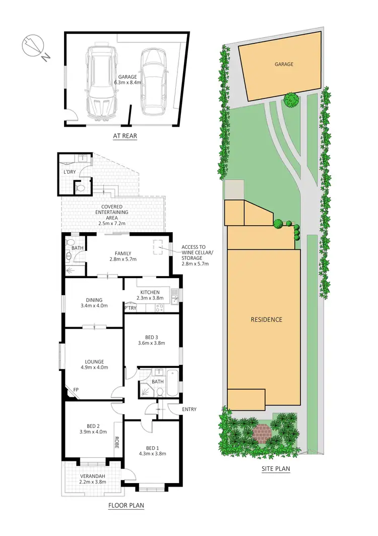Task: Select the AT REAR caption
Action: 124,136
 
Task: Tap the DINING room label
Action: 94,302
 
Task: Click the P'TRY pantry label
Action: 130,307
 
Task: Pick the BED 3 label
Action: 151,340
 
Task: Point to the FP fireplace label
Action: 76,390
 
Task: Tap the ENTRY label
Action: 190,409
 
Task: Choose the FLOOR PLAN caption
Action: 127,505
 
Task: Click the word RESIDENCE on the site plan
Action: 267,319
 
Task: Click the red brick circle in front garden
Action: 262,432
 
